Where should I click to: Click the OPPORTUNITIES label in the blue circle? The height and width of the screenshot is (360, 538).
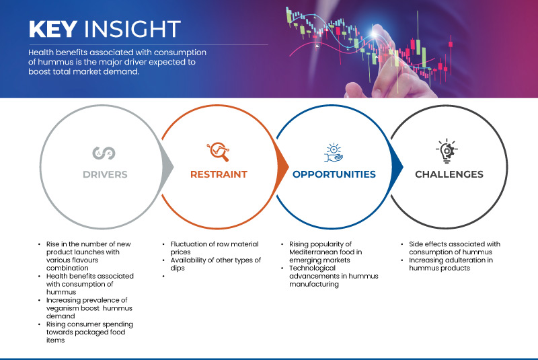pyautogui.click(x=334, y=174)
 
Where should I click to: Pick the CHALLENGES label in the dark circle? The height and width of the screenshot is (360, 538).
pyautogui.click(x=449, y=174)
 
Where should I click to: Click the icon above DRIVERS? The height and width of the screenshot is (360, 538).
pyautogui.click(x=104, y=153)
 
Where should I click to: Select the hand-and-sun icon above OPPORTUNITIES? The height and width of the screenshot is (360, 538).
pyautogui.click(x=334, y=151)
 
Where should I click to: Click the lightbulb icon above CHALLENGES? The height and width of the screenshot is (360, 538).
pyautogui.click(x=449, y=151)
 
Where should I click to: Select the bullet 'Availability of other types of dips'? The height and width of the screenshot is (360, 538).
pyautogui.click(x=211, y=264)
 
